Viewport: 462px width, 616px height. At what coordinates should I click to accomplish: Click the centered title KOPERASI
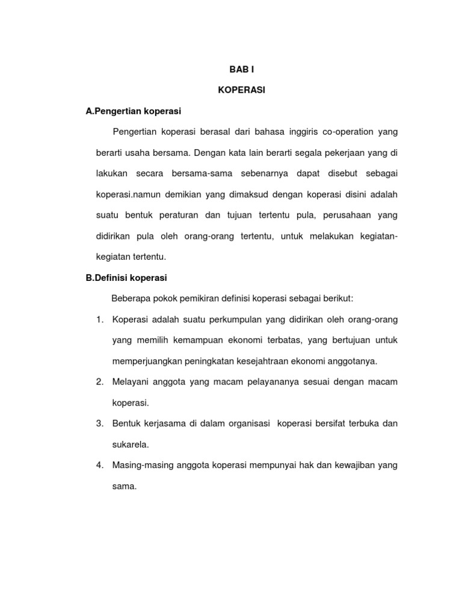241,90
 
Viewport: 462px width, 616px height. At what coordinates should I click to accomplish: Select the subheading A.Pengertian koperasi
134,111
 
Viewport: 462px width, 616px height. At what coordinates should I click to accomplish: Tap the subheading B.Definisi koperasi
126,278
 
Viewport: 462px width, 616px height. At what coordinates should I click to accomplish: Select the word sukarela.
131,445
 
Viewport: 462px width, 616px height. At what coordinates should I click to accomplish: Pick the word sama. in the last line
125,487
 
